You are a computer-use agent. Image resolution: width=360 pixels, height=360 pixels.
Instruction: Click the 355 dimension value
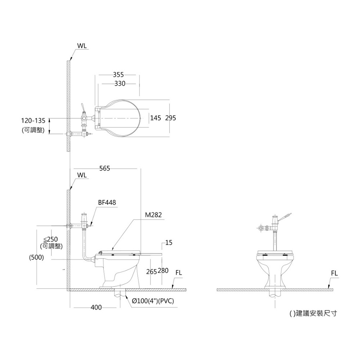coord(118,75)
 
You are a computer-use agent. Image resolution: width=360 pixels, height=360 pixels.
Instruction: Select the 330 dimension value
coord(120,84)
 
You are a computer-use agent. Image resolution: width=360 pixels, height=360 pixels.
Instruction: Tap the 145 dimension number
coord(156,118)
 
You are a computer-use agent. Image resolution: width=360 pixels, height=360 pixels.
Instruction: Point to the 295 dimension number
coord(171,118)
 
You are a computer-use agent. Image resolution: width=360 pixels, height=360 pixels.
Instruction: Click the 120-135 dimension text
coord(33,121)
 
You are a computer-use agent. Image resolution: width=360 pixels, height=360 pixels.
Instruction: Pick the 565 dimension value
coord(105,168)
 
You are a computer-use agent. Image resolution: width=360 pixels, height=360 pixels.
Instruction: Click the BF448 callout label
coord(107,202)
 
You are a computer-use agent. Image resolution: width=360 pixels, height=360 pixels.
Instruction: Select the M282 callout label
coord(153,215)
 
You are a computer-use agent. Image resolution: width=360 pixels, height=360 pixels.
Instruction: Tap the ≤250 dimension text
coord(51,239)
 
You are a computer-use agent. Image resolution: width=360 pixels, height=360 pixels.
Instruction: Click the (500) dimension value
coord(36,258)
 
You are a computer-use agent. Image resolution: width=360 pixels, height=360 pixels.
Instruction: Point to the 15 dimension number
coord(169,243)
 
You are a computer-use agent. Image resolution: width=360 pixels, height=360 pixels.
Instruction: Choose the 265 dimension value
coord(152,271)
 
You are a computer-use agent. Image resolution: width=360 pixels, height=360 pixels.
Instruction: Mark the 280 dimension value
coord(163,271)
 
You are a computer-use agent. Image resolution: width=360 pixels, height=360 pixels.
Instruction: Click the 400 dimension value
coord(96,307)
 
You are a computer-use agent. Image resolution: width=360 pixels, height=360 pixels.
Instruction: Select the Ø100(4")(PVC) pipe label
coord(153,301)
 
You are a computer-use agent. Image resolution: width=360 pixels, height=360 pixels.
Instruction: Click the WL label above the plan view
coord(82,46)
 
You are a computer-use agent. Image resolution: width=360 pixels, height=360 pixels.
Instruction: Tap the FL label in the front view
coord(334,273)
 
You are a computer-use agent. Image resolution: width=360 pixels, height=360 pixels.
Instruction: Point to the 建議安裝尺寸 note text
coord(316,314)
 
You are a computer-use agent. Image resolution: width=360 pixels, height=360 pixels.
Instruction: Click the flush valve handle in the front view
coord(285,217)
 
